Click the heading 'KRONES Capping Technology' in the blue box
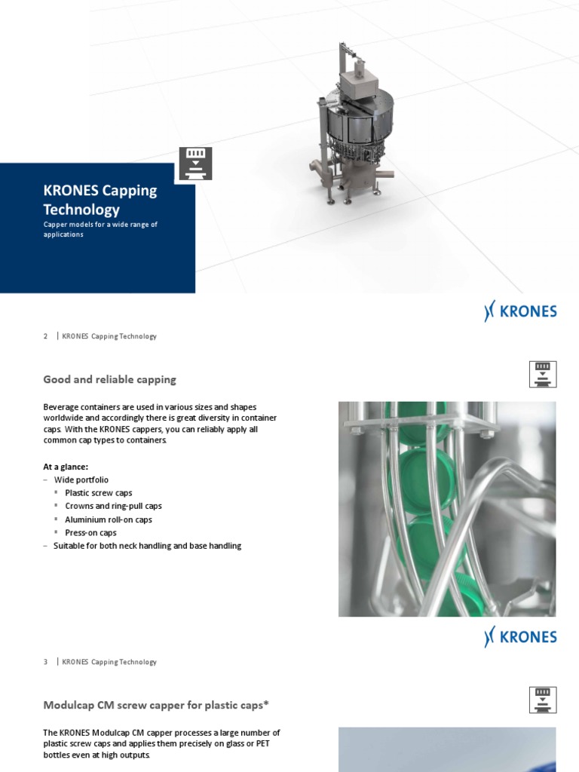100,200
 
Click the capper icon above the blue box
195,164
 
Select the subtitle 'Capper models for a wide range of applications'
100,229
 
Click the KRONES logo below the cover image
520,312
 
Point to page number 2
46,336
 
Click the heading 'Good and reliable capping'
110,379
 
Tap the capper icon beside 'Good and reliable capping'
543,374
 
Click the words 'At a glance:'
66,467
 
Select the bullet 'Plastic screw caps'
98,493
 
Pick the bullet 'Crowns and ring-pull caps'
113,506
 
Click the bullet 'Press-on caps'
90,532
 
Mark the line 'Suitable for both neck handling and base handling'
147,546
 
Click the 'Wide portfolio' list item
81,479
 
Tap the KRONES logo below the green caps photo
520,637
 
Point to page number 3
46,662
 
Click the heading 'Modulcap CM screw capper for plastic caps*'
156,705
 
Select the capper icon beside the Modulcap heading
543,700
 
